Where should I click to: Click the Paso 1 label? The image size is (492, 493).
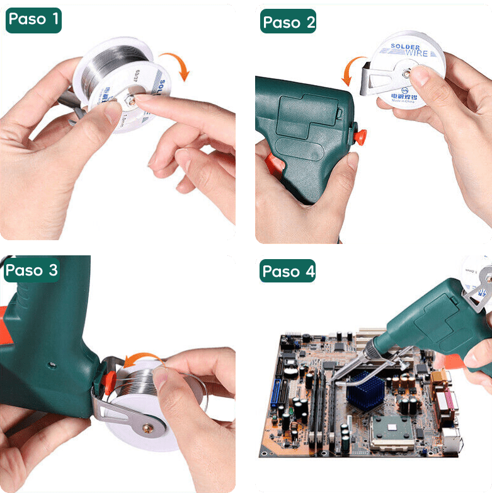pyautogui.click(x=33, y=19)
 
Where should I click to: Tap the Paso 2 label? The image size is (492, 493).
pyautogui.click(x=289, y=23)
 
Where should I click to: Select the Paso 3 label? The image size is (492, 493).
pyautogui.click(x=32, y=270)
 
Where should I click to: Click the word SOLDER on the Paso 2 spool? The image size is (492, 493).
pyautogui.click(x=406, y=47)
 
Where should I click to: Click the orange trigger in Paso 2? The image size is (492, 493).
pyautogui.click(x=360, y=134)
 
